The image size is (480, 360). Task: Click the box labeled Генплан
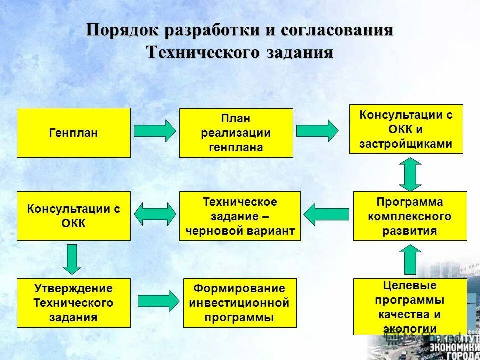[74, 133]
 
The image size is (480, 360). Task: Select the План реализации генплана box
[236, 133]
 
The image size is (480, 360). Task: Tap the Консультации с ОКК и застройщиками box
[406, 129]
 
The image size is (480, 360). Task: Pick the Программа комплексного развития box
[410, 216]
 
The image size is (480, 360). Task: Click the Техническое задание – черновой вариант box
[240, 216]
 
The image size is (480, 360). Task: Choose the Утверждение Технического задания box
[74, 303]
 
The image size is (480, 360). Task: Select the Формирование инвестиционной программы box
[240, 303]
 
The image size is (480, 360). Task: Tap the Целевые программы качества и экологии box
[410, 307]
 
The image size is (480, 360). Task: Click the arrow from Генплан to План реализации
[155, 131]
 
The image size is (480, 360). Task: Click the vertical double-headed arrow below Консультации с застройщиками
[410, 174]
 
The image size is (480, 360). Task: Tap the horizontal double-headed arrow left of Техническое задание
[155, 214]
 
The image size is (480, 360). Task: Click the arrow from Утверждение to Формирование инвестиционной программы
[157, 301]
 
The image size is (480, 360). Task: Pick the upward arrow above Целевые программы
[410, 259]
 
